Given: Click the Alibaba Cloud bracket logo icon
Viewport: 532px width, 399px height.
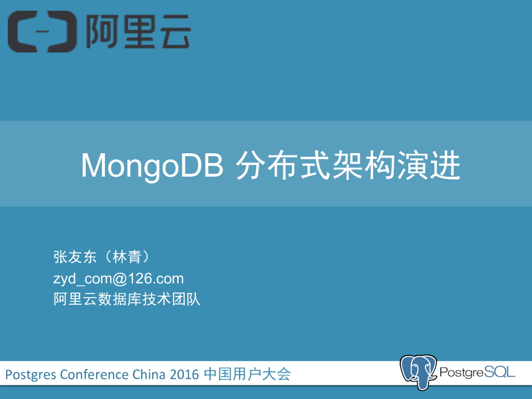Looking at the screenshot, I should click(42, 32).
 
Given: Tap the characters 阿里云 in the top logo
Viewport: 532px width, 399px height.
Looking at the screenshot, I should click(138, 32).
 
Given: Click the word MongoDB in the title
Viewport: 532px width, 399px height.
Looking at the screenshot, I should click(152, 166).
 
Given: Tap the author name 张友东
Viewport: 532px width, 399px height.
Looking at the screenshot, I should click(75, 257).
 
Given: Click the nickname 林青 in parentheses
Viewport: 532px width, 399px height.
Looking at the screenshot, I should click(127, 257).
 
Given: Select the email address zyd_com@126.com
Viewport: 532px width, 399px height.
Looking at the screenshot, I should click(118, 279).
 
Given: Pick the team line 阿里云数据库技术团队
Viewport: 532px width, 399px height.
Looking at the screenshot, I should click(127, 300).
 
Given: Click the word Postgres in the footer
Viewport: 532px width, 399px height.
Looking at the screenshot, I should click(31, 374).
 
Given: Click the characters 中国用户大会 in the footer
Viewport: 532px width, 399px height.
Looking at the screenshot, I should click(247, 374).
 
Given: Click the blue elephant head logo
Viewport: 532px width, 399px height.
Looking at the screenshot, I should click(418, 372).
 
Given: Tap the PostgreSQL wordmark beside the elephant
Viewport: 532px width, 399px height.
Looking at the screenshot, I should click(477, 372).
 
